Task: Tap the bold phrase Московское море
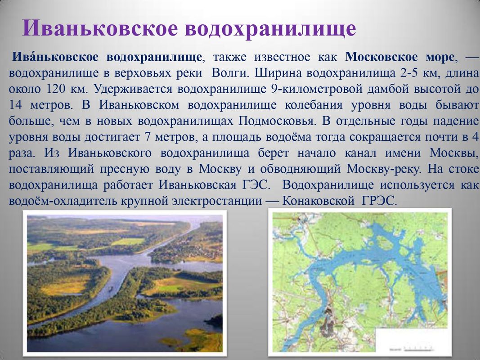pyautogui.click(x=400, y=57)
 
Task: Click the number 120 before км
pyautogui.click(x=55, y=89)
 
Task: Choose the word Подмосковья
pyautogui.click(x=276, y=121)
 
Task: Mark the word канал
pyautogui.click(x=360, y=153)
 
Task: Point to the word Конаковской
pyautogui.click(x=318, y=201)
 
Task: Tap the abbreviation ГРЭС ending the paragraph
pyautogui.click(x=379, y=201)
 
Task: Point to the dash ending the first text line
pyautogui.click(x=471, y=58)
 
